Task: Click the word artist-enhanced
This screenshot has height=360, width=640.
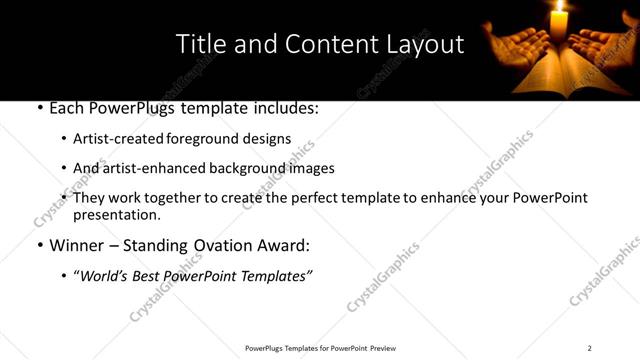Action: (140, 168)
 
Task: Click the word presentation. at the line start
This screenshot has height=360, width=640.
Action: (116, 215)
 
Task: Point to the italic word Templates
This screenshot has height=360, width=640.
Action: (276, 276)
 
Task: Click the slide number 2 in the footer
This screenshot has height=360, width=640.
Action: (589, 348)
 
